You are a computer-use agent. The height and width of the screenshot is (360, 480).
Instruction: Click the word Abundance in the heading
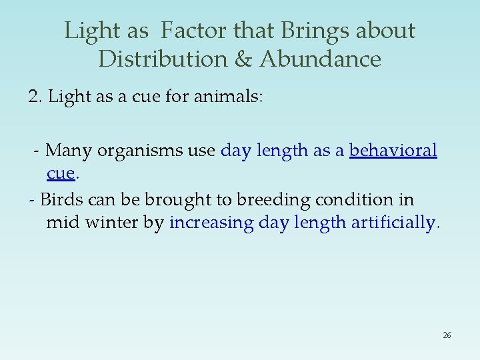320,59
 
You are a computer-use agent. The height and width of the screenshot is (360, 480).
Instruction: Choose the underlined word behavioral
393,151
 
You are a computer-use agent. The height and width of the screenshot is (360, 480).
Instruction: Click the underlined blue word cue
60,173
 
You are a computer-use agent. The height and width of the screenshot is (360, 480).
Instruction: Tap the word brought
173,200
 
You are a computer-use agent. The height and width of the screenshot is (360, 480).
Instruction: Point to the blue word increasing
211,223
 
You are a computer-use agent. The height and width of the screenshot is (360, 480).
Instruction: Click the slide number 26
447,335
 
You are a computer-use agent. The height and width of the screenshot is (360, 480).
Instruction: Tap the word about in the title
385,31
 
